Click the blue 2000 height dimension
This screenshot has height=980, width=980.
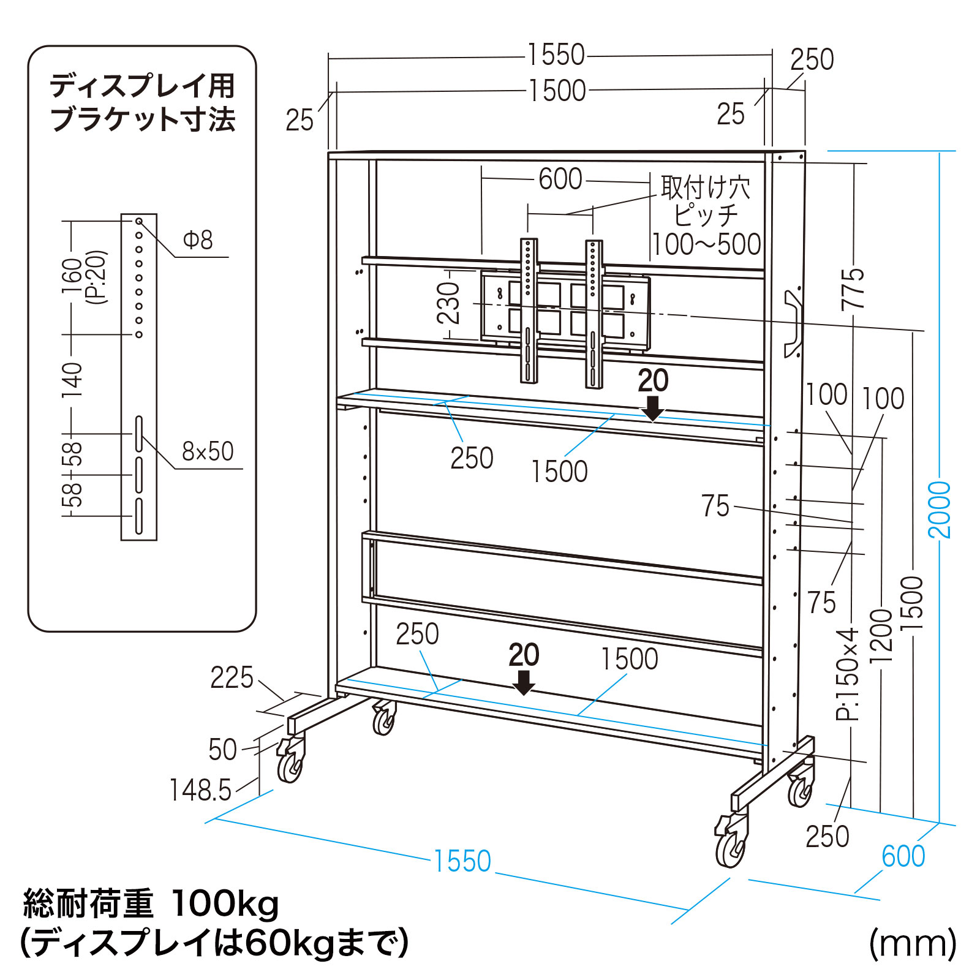939,510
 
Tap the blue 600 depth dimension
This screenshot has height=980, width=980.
903,856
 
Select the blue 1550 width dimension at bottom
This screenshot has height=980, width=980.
462,861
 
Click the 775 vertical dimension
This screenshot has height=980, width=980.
853,288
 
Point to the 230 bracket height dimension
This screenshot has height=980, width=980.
449,303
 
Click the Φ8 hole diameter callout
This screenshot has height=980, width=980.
198,239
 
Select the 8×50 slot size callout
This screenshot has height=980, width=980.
208,451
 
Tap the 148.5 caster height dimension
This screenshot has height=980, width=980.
200,790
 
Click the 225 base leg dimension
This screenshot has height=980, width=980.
232,678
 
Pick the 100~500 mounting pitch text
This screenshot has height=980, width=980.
706,244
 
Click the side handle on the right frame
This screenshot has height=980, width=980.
793,323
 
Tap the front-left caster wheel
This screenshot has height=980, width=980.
290,763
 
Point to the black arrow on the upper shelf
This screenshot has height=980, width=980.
653,408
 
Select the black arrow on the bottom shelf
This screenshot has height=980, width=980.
524,682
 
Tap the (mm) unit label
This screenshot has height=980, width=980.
912,943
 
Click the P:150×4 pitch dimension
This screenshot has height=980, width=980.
848,674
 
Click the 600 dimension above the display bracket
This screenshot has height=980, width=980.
560,179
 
